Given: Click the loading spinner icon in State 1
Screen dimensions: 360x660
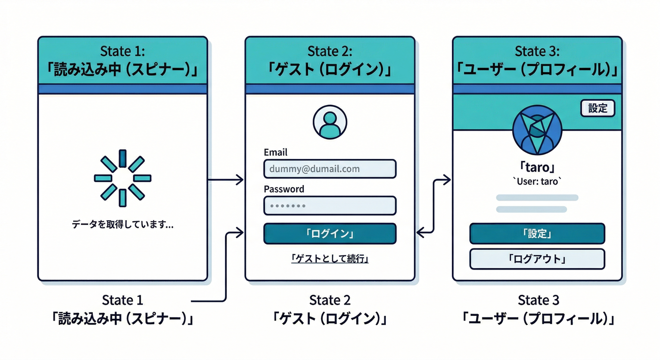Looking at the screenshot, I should (122, 178).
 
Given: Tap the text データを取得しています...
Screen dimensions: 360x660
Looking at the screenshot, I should (122, 225).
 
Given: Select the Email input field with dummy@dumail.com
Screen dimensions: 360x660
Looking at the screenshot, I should (330, 169).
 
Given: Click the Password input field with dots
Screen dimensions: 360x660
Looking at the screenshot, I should (330, 205).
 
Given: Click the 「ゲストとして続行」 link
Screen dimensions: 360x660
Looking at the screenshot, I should (330, 258).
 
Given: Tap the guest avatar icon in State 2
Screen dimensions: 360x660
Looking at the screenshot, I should (330, 122).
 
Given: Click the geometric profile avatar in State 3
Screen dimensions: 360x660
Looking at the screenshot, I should (537, 133).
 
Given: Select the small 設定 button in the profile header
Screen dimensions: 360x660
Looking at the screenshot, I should (597, 108).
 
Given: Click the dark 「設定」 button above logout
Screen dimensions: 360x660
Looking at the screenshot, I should (537, 233).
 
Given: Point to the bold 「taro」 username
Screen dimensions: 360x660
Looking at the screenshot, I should (537, 167).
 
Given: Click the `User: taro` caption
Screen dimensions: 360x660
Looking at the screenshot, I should (537, 181).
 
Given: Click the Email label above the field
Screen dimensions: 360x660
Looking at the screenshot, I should (276, 152).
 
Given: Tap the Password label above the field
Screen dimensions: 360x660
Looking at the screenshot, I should (284, 189).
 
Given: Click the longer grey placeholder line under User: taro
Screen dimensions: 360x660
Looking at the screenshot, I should (537, 198).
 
